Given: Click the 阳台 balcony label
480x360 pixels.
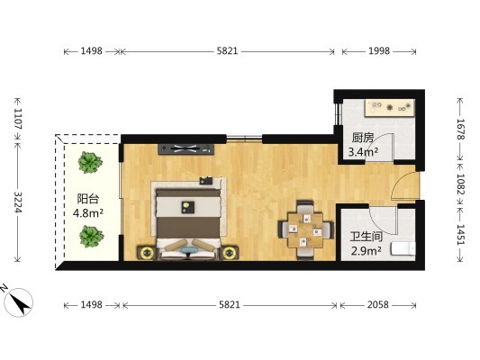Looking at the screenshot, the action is pos(88,199).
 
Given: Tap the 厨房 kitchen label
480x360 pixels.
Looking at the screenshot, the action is pos(363,138).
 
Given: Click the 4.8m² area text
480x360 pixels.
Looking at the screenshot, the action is pos(88,213).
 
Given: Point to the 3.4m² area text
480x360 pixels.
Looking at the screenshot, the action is pos(363,151).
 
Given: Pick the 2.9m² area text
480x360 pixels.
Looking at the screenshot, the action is pos(367,251).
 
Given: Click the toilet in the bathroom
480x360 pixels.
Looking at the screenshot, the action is pos(403,248).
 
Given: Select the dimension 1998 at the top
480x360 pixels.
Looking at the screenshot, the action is pos(379,50).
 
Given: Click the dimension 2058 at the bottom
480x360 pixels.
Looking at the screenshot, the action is pos(377,304).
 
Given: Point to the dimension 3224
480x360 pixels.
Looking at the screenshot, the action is pos(18,202).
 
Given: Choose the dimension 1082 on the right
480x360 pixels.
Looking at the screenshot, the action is pos(460,184).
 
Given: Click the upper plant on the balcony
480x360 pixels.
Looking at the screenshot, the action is pos(90,162).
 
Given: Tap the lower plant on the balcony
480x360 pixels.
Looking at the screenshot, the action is pos(91,237).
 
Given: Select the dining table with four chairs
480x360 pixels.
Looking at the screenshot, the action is pos(306,230).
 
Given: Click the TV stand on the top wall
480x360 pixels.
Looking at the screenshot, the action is pos(186,149).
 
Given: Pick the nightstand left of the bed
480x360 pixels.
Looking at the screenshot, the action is pos(147,253).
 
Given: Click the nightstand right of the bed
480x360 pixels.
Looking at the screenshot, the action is pos(229,253).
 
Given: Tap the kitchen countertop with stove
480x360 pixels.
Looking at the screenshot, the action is pos(390,108).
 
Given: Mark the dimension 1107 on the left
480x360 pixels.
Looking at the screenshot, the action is pos(18,118).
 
